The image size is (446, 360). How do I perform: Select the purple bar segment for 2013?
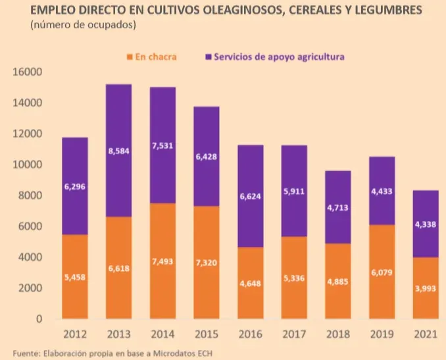click(x=118, y=150)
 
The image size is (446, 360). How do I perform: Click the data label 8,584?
click(x=118, y=151)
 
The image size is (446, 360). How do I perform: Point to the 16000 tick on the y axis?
click(x=28, y=72)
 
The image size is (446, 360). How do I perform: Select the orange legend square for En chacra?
click(x=129, y=57)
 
